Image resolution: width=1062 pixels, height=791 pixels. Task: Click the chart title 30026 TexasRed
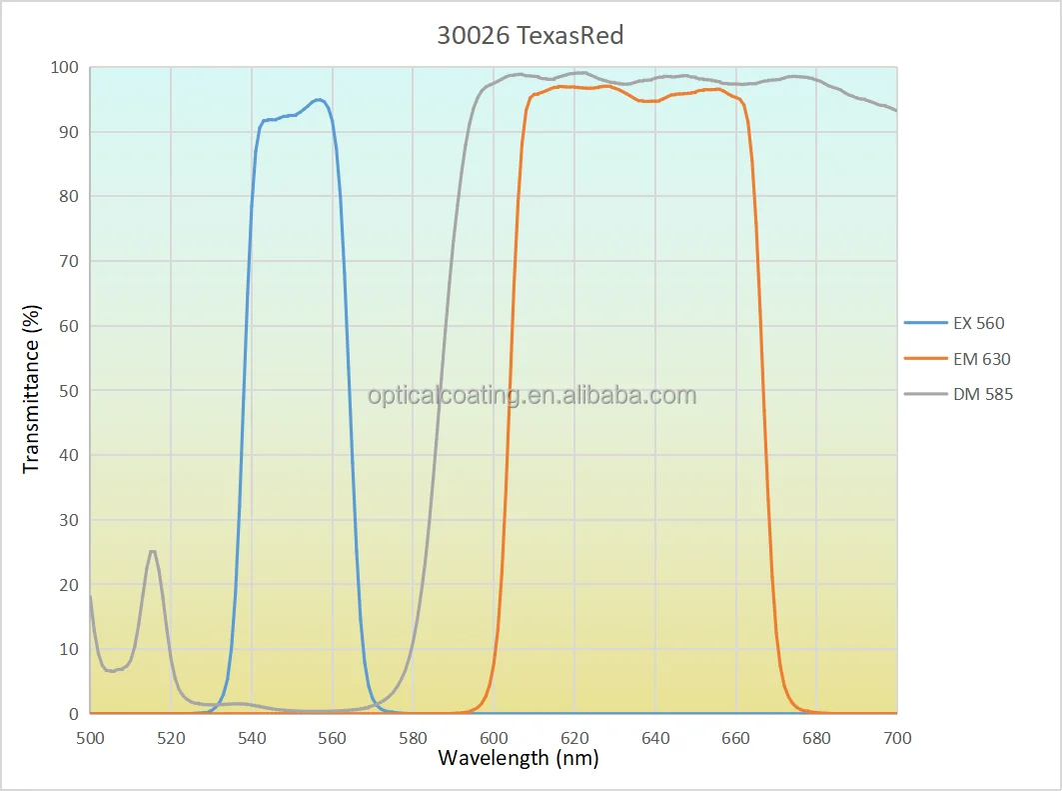[531, 36]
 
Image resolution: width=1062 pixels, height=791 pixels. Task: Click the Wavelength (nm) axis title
[518, 757]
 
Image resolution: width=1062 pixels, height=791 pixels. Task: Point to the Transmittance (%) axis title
[32, 390]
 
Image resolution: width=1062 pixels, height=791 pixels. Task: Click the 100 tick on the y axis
[65, 68]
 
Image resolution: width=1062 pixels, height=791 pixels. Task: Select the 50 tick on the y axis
[69, 391]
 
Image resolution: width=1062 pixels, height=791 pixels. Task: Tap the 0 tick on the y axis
[73, 714]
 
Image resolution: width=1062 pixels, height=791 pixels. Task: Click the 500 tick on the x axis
[90, 738]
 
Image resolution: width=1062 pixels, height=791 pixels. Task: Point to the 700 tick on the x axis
[897, 738]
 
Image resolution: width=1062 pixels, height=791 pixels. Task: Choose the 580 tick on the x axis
[413, 738]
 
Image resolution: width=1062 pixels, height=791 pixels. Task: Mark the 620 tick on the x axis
[574, 738]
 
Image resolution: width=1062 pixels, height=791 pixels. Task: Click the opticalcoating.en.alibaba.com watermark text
[531, 396]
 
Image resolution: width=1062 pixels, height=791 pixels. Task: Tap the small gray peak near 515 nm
[152, 552]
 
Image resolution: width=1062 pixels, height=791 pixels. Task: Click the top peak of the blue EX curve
[318, 100]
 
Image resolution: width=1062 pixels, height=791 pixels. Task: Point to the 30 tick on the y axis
[69, 520]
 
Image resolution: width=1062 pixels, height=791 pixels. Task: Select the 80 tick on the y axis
[69, 197]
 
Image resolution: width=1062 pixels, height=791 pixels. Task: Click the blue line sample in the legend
[924, 323]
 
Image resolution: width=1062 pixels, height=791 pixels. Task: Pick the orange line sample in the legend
[924, 359]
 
